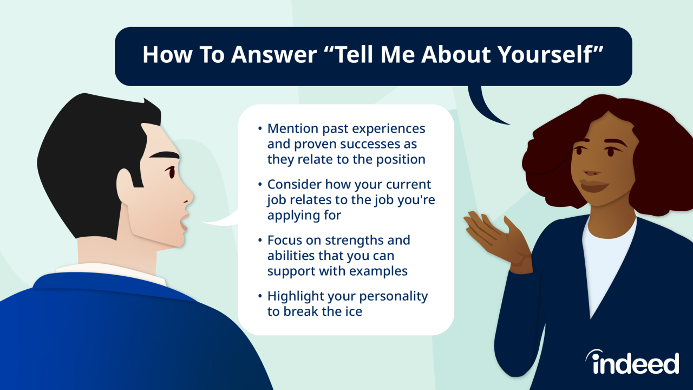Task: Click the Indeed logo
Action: [x=632, y=362]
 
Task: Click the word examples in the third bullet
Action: [x=380, y=271]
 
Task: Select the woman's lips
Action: [x=594, y=184]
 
